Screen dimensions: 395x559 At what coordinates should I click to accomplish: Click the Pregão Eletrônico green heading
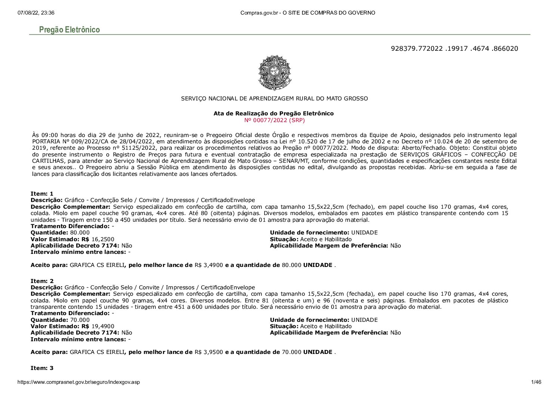click(x=69, y=30)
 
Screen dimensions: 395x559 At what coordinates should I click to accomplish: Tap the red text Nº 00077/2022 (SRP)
click(x=274, y=120)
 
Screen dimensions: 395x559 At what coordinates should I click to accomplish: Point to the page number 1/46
click(x=536, y=382)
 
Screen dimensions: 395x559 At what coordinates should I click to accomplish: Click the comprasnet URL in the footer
click(x=78, y=382)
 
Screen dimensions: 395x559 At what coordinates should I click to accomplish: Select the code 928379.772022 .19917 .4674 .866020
click(x=454, y=49)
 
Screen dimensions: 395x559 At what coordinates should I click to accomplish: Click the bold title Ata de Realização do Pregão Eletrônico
click(x=273, y=113)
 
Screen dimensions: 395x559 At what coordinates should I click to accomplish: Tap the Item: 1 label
click(x=42, y=193)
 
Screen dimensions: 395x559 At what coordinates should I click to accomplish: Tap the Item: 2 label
click(x=42, y=281)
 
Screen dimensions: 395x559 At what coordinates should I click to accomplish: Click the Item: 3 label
click(x=42, y=368)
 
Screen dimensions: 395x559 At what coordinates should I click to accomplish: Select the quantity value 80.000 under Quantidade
click(x=80, y=233)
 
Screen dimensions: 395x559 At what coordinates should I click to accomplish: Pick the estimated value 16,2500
click(x=103, y=239)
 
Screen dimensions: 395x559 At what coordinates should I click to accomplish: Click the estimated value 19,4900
click(x=103, y=326)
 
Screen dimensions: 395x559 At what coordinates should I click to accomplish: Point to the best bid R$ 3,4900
click(x=209, y=265)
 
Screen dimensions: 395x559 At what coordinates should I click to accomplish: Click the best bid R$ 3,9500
click(x=209, y=352)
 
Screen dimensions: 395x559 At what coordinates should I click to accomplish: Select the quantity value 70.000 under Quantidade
click(x=80, y=320)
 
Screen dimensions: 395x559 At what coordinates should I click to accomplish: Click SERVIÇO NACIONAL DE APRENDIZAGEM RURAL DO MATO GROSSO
click(x=274, y=99)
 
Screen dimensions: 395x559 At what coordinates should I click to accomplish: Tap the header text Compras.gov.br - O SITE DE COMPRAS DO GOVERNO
click(x=308, y=13)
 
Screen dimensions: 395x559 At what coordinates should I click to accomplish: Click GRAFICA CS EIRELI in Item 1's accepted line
click(x=97, y=265)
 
